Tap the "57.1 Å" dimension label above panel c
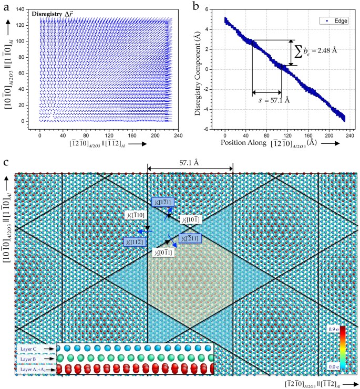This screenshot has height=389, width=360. click(191, 163)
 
